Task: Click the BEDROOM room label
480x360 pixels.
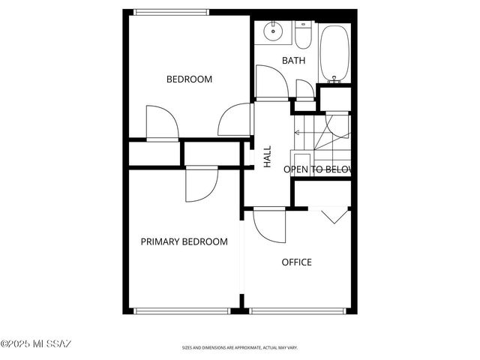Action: click(x=189, y=79)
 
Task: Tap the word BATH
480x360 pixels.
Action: click(x=293, y=60)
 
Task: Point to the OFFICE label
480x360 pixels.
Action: click(x=296, y=262)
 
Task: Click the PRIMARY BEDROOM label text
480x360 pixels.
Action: click(x=184, y=241)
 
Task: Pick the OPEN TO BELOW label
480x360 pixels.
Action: click(x=317, y=169)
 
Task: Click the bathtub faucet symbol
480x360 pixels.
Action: click(x=334, y=78)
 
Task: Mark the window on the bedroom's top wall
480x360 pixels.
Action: click(x=172, y=11)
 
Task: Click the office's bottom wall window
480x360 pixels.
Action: click(x=298, y=310)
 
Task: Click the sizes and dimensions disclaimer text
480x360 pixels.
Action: click(x=240, y=348)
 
